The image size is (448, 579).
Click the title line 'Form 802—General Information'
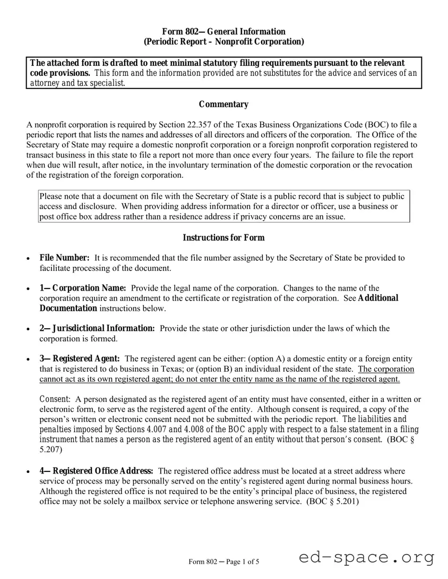point(223,31)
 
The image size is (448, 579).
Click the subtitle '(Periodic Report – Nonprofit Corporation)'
point(223,42)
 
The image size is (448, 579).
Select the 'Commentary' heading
point(223,104)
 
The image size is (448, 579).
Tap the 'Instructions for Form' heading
point(223,238)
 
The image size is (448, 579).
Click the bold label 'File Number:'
point(64,258)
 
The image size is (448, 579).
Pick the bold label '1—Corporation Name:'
point(82,288)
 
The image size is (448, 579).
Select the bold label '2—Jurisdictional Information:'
point(97,328)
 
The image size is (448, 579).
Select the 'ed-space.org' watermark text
point(366,557)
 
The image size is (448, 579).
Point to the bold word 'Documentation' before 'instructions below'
point(68,308)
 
